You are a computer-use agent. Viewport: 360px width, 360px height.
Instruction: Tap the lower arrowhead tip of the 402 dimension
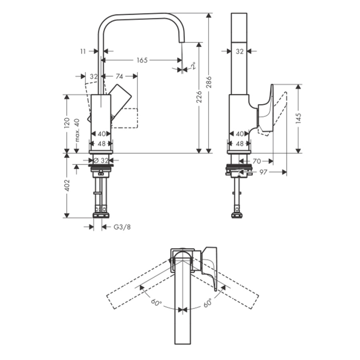pos(66,218)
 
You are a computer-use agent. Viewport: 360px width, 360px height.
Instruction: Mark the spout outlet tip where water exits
pos(181,42)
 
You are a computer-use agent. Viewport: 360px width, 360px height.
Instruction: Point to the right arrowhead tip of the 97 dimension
pos(286,172)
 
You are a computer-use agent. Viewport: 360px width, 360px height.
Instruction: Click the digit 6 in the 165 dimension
pos(142,60)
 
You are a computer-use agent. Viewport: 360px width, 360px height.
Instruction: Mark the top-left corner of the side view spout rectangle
pos(232,13)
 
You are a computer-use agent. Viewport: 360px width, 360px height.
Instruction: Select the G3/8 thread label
pos(122,227)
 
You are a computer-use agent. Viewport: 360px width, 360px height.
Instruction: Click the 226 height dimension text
pos(199,97)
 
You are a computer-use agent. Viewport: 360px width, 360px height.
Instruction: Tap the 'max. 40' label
pos(77,130)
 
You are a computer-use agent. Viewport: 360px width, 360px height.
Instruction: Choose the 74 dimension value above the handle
pos(119,76)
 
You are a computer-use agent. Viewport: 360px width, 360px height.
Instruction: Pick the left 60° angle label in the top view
pos(156,303)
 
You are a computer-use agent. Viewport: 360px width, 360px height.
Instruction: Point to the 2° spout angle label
pos(194,66)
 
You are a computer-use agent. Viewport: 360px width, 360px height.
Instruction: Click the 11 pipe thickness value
pos(83,52)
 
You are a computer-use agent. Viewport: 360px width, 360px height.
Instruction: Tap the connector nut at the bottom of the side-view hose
pos(237,216)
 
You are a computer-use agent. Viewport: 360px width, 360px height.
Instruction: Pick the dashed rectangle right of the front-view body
pos(124,118)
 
